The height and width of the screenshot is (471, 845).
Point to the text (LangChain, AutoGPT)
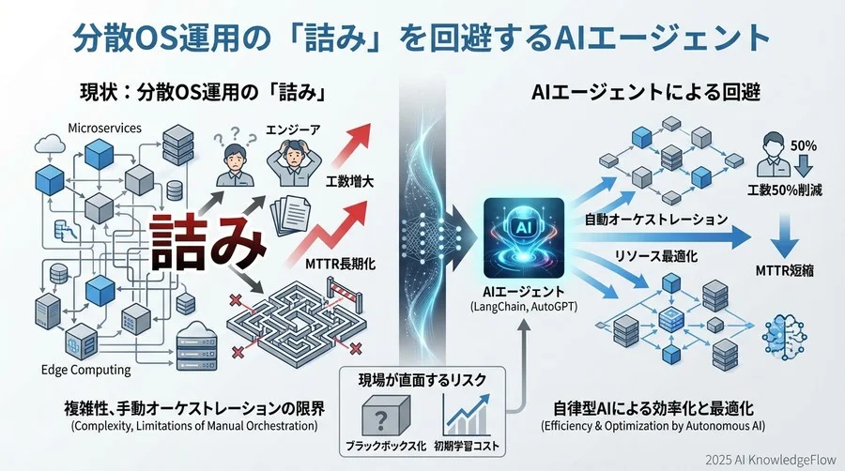coord(523,309)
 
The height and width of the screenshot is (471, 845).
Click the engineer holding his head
coord(284,159)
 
